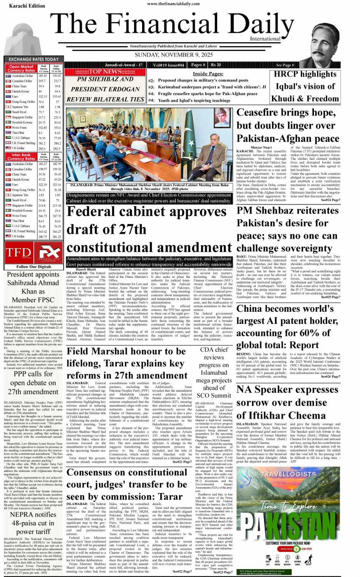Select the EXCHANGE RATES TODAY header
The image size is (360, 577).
(x=34, y=59)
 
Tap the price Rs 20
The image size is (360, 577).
(x=216, y=65)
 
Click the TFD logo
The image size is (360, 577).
(x=18, y=252)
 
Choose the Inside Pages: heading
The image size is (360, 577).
(x=208, y=74)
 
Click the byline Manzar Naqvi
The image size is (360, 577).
(x=261, y=147)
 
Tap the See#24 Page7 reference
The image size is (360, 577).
(x=330, y=200)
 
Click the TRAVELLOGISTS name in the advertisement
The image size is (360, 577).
(x=288, y=474)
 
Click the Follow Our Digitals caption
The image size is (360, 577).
(x=34, y=267)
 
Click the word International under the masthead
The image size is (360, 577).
(x=265, y=39)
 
